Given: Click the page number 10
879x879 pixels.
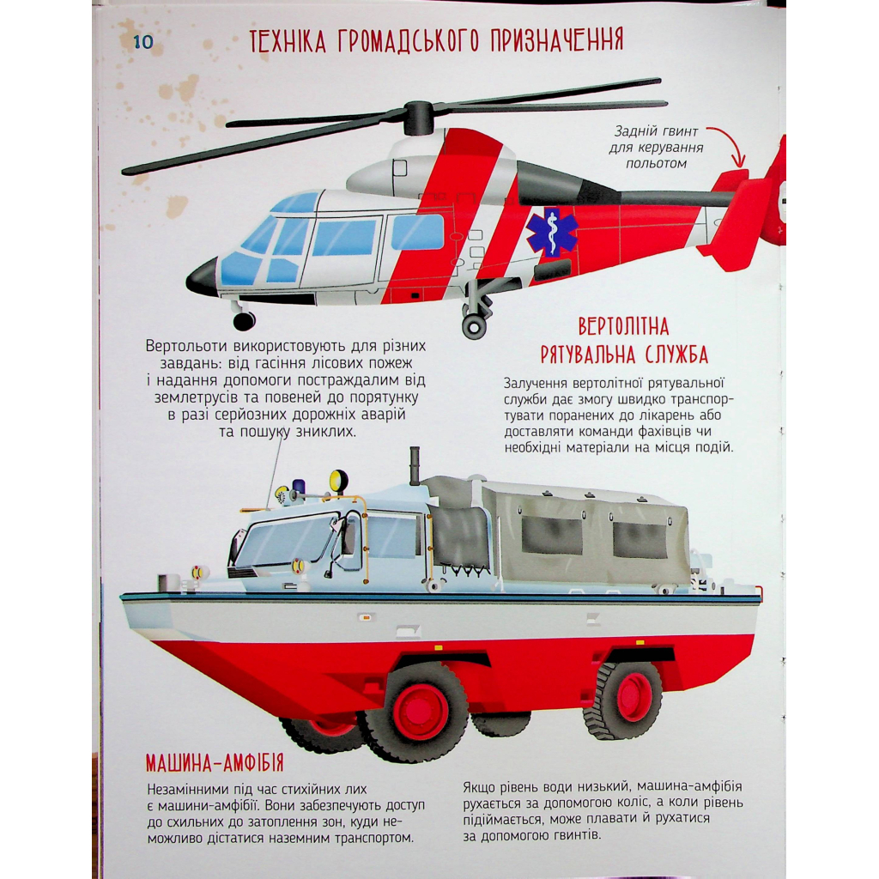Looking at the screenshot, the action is (143, 42).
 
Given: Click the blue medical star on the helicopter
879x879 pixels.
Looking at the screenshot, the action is (552, 232).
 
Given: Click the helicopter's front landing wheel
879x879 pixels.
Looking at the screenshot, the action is (244, 321).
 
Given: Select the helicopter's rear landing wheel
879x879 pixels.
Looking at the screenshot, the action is (474, 327).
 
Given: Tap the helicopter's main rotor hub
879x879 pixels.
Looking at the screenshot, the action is (418, 118).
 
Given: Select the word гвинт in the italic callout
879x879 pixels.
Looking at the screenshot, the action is (673, 131).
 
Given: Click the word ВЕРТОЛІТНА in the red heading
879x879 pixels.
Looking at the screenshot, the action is (623, 326).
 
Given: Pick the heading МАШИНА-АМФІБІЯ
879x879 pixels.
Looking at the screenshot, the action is (215, 763).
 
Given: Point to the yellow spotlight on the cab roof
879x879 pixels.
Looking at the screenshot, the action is (338, 481).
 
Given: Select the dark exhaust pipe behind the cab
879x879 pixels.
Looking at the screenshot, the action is (415, 466).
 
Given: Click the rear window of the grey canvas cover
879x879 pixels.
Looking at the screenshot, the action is (639, 539).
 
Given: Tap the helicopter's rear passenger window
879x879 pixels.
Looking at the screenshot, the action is (417, 232).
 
